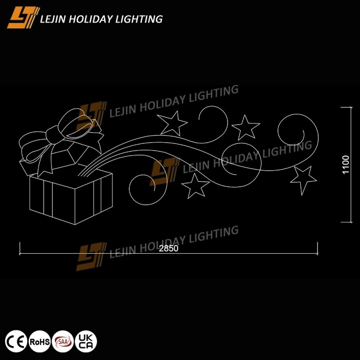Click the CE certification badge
click(16, 341)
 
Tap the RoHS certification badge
click(40, 341)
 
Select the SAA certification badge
click(63, 341)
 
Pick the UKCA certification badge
click(86, 341)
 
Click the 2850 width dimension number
click(168, 248)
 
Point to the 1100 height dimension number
click(346, 165)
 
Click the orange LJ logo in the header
click(23, 18)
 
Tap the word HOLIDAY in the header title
click(91, 19)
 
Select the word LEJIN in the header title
click(53, 19)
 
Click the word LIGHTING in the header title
click(139, 19)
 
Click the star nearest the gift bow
click(173, 123)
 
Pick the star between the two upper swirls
click(246, 127)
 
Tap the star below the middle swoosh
click(195, 186)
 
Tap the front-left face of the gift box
click(52, 200)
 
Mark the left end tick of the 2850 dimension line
click(20, 248)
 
